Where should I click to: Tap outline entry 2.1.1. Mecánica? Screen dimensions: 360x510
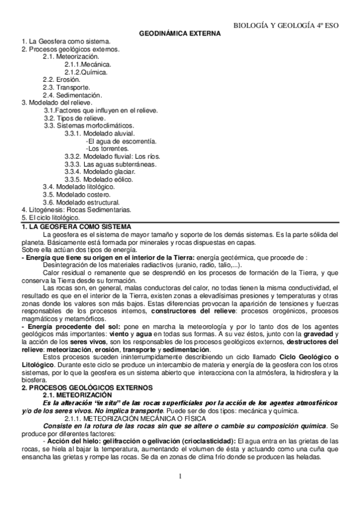pos(88,64)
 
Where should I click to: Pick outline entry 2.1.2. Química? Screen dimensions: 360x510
pos(87,72)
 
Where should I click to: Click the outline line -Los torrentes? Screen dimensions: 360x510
pos(107,148)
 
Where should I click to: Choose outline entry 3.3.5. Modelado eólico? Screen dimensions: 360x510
pos(99,179)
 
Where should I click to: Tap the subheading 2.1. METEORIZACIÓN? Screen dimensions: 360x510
pos(76,395)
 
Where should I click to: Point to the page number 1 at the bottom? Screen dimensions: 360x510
pos(180,477)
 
